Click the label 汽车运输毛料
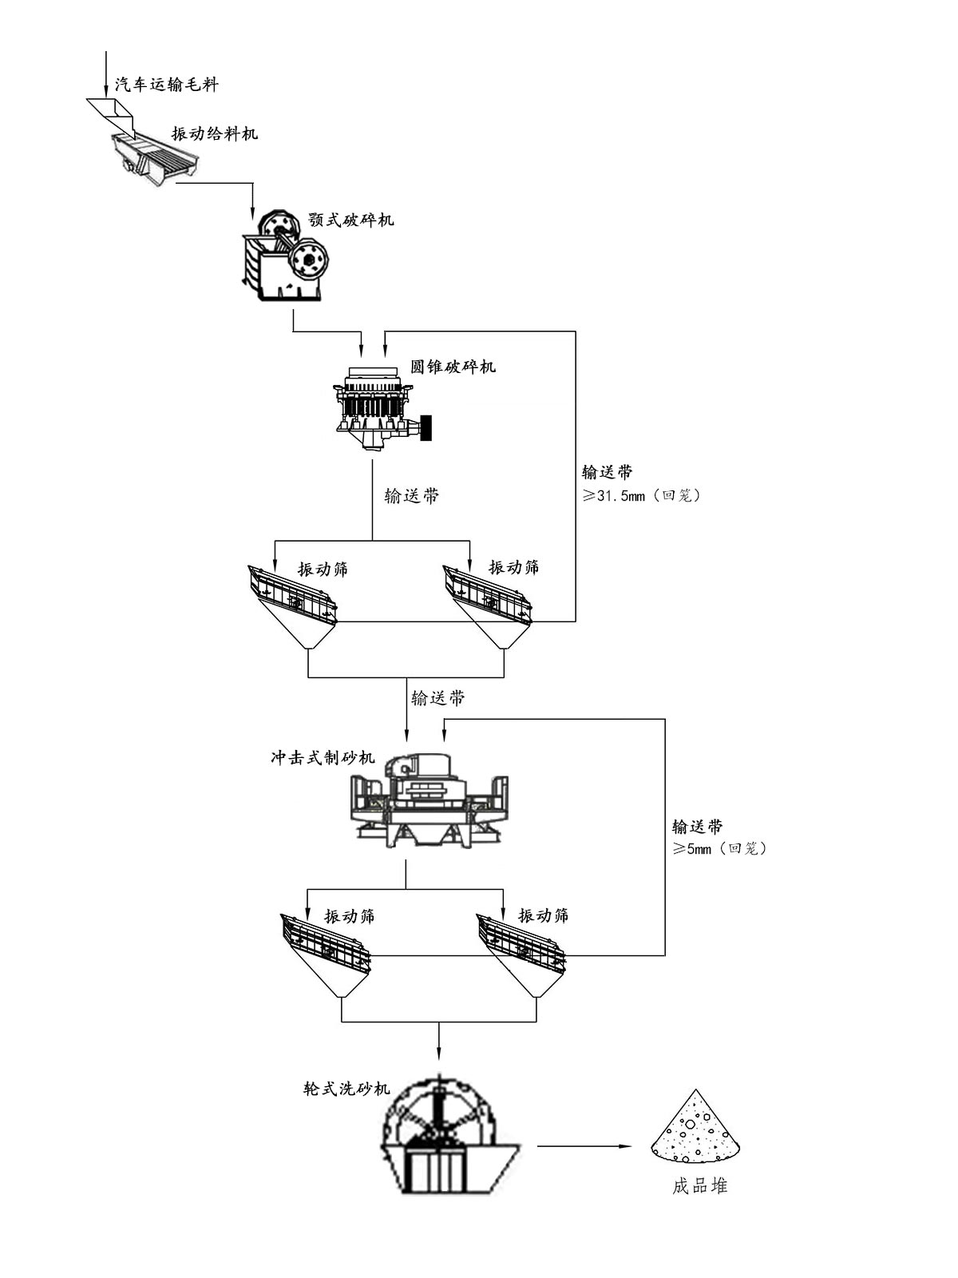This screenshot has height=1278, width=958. (x=166, y=84)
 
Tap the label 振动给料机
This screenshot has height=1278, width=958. (x=215, y=133)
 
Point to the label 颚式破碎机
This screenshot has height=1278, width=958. (x=350, y=220)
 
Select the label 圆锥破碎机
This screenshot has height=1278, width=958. (x=453, y=367)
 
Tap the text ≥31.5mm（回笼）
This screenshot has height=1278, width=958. (x=642, y=495)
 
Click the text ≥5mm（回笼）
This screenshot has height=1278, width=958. (x=719, y=848)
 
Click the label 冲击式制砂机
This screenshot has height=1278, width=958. (x=323, y=757)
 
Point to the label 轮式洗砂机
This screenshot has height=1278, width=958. (x=346, y=1088)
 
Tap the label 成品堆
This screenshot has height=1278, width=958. (x=699, y=1186)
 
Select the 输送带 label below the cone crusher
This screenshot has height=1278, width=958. (x=412, y=496)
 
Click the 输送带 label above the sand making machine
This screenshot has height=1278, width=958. (x=437, y=698)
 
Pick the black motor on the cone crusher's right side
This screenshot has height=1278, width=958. (x=426, y=427)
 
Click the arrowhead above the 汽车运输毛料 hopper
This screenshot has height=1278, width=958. (x=106, y=89)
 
